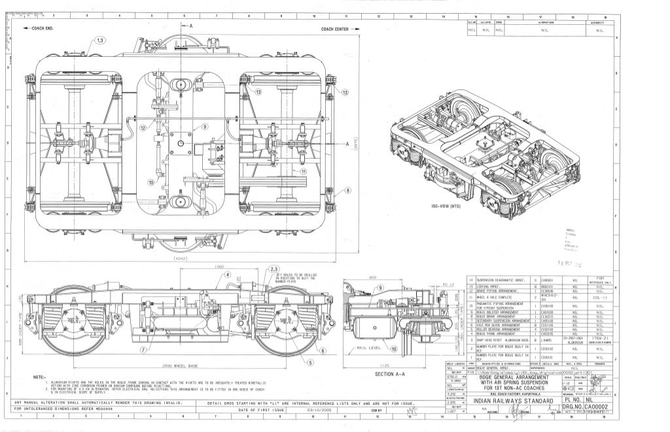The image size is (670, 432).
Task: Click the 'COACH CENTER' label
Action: tap(338, 29)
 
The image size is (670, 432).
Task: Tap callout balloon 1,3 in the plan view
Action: tap(99, 41)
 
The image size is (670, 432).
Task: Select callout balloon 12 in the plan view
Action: tap(143, 127)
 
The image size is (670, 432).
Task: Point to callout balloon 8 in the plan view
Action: tap(347, 190)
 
